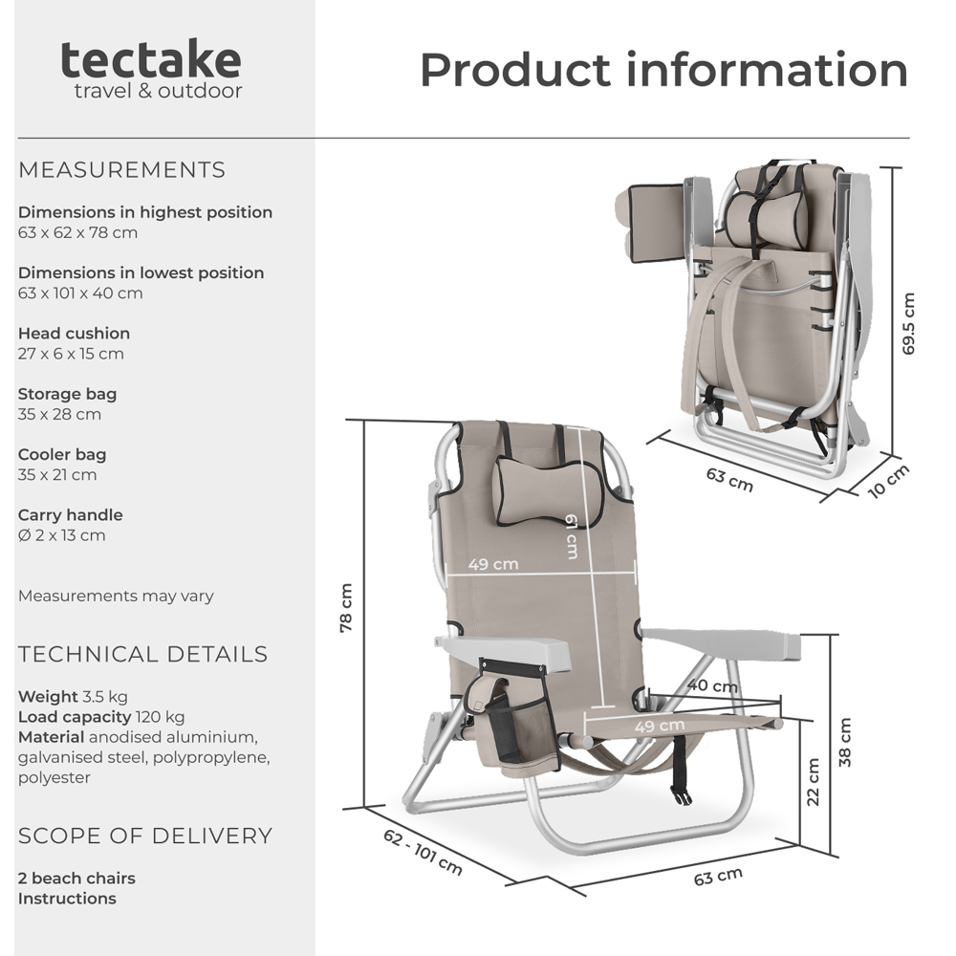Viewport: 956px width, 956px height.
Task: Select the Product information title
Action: (x=663, y=70)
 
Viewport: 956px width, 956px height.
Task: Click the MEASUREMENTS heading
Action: (x=121, y=170)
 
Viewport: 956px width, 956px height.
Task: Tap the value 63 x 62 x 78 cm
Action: (x=77, y=232)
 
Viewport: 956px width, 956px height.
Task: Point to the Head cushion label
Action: (x=74, y=334)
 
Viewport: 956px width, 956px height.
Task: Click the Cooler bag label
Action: (x=62, y=454)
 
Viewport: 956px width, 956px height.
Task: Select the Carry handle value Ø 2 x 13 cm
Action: (x=62, y=535)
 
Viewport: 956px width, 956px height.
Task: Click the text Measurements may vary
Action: (x=116, y=596)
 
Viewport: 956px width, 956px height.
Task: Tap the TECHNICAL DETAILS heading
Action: (x=142, y=655)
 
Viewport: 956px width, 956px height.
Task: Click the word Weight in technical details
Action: (x=48, y=696)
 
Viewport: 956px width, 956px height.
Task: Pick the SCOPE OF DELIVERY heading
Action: (x=145, y=836)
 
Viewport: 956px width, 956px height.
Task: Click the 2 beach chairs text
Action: (x=76, y=878)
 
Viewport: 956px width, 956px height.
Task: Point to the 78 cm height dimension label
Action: (x=347, y=608)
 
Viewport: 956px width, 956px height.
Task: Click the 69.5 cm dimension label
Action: (x=908, y=324)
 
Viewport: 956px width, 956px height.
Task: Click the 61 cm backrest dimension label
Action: (x=571, y=535)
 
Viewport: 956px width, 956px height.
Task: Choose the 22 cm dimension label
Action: (x=814, y=782)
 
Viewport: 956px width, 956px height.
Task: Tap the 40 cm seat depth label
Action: (x=711, y=685)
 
